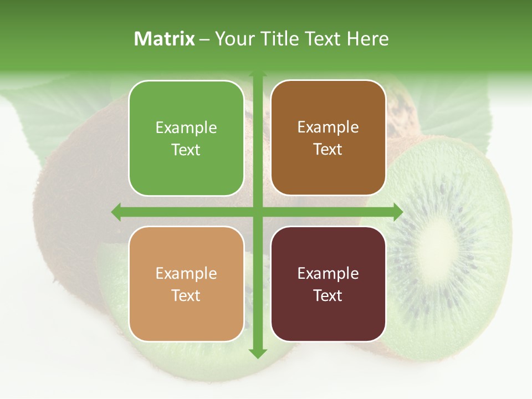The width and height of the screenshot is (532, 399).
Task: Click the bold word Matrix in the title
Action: tap(165, 39)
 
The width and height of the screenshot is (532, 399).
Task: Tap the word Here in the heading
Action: tap(367, 39)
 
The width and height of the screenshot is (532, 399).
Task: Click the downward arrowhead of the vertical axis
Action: tap(257, 352)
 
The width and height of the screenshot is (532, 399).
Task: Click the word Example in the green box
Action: tap(186, 128)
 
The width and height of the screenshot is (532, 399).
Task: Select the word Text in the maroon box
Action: tap(328, 295)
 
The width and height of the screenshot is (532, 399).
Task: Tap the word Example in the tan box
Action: tap(186, 274)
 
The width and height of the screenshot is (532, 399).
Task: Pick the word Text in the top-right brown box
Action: tap(328, 149)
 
